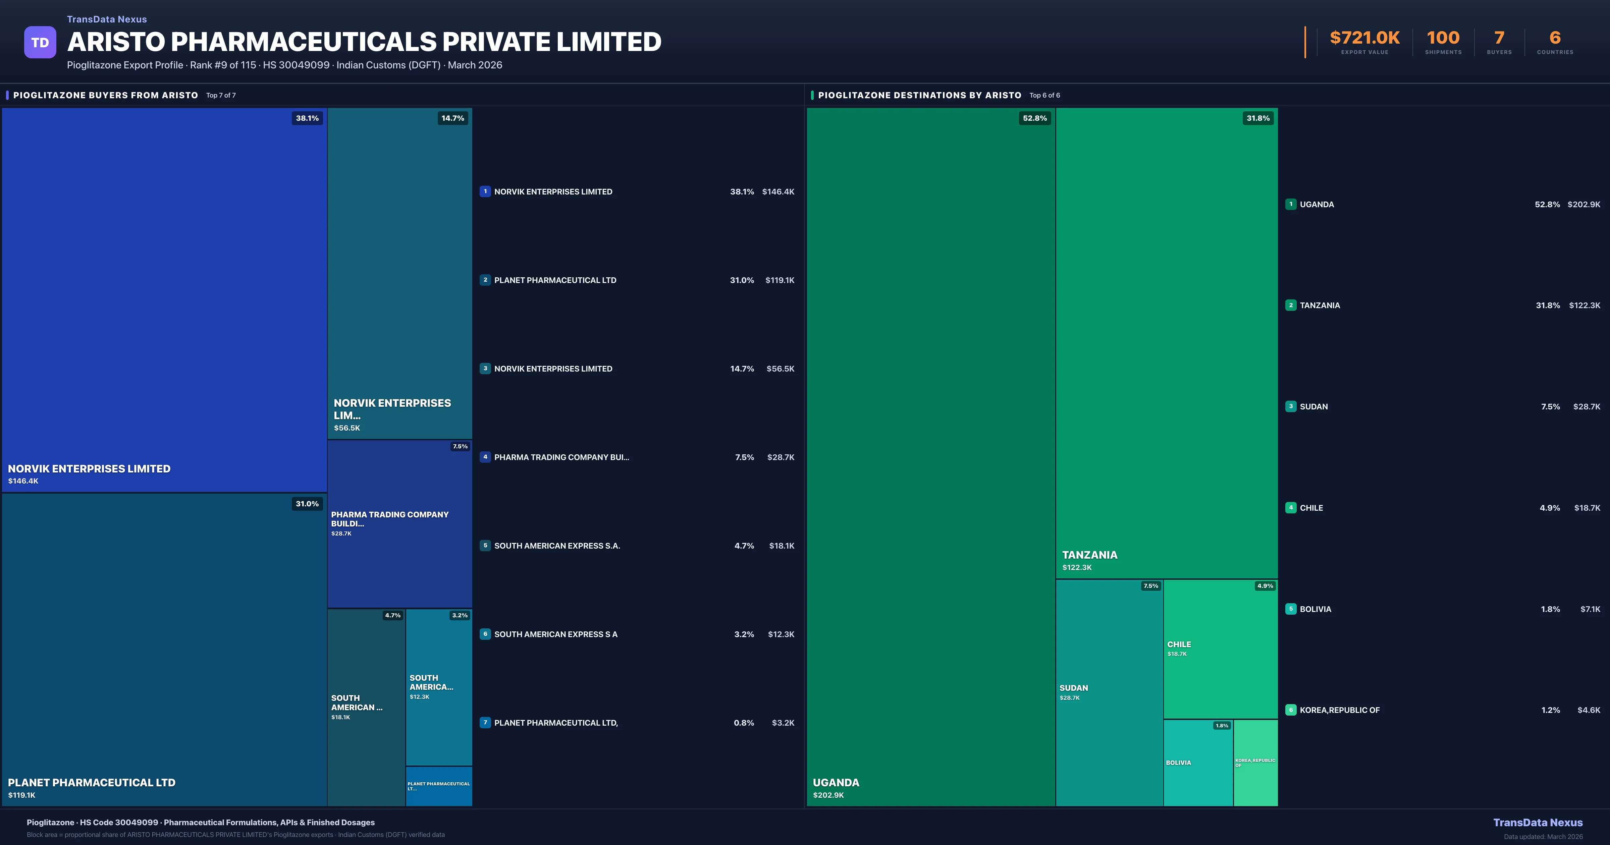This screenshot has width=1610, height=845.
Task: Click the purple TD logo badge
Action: pyautogui.click(x=40, y=43)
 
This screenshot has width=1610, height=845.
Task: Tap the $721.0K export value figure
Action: pyautogui.click(x=1364, y=38)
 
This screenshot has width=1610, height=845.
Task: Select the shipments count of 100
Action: pyautogui.click(x=1443, y=38)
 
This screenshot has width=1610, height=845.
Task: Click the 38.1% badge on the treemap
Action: pyautogui.click(x=307, y=118)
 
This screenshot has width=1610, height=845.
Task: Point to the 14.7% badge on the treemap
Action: pyautogui.click(x=452, y=118)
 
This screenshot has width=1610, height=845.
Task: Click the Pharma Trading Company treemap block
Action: pyautogui.click(x=399, y=524)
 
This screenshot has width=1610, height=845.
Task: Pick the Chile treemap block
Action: pyautogui.click(x=1220, y=649)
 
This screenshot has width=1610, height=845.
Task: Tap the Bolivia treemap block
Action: pyautogui.click(x=1197, y=763)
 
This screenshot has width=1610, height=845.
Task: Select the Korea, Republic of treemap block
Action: pyautogui.click(x=1255, y=763)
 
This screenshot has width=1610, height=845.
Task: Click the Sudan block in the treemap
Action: pyautogui.click(x=1109, y=692)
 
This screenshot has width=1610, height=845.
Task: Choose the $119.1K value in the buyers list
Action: pyautogui.click(x=780, y=280)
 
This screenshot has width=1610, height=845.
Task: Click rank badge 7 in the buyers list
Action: pyautogui.click(x=485, y=723)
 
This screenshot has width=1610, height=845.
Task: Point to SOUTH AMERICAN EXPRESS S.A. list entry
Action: pyautogui.click(x=557, y=546)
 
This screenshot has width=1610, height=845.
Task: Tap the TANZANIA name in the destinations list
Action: pyautogui.click(x=1320, y=305)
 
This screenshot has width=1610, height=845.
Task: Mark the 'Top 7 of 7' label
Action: pyautogui.click(x=221, y=96)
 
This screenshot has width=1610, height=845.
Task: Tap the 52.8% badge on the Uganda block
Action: pyautogui.click(x=1034, y=118)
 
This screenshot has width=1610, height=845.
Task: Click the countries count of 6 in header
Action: pyautogui.click(x=1554, y=38)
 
